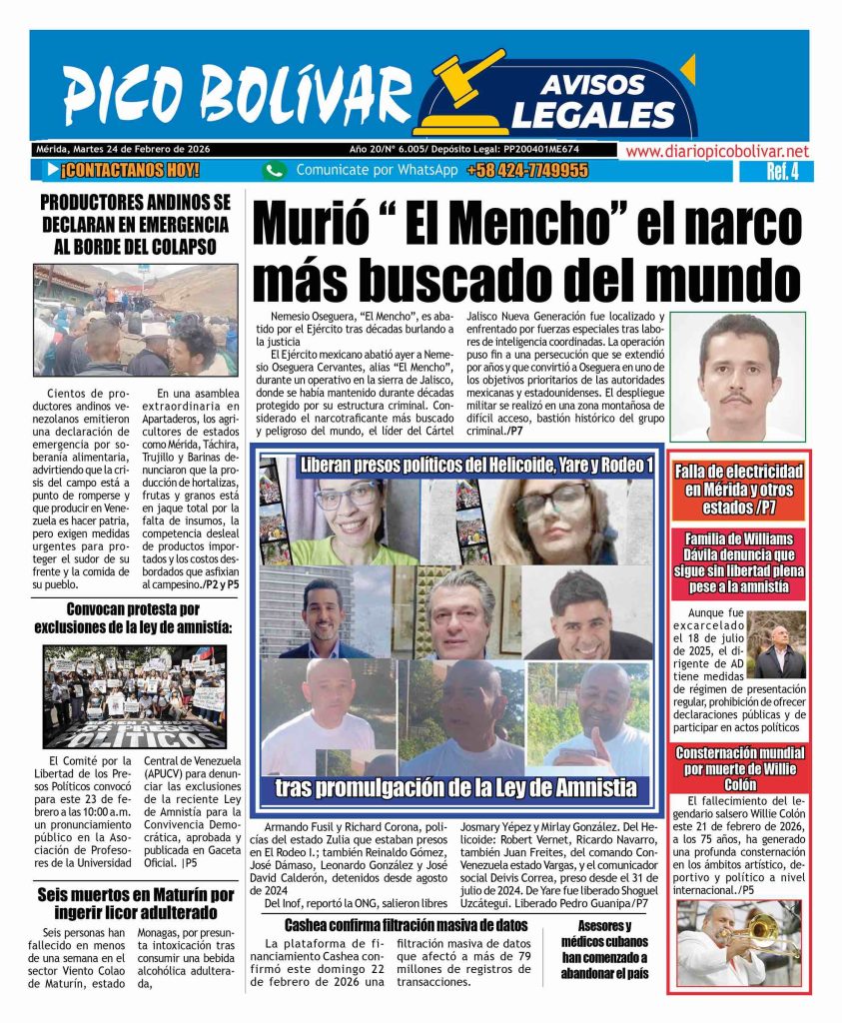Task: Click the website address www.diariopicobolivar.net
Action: click(x=717, y=151)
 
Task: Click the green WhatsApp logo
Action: click(x=274, y=171)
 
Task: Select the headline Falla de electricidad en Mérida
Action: click(x=738, y=488)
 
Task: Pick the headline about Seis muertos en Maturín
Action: click(x=135, y=903)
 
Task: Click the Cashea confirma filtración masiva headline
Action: click(x=405, y=924)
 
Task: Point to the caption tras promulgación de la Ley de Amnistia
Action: click(x=456, y=788)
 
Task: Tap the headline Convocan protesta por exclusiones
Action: click(x=135, y=619)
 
